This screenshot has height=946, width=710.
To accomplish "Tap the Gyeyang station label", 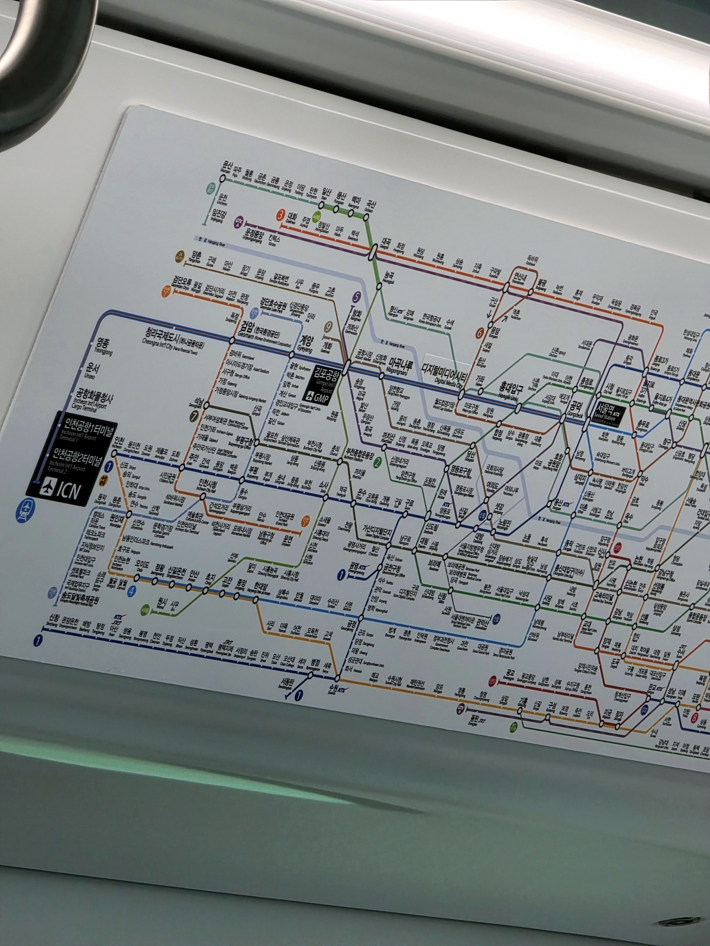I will point(306,342).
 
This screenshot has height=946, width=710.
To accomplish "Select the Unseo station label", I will point(91,369).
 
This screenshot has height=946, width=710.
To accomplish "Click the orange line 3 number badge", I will point(280,215).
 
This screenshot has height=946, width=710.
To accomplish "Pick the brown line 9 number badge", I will point(329,325).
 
